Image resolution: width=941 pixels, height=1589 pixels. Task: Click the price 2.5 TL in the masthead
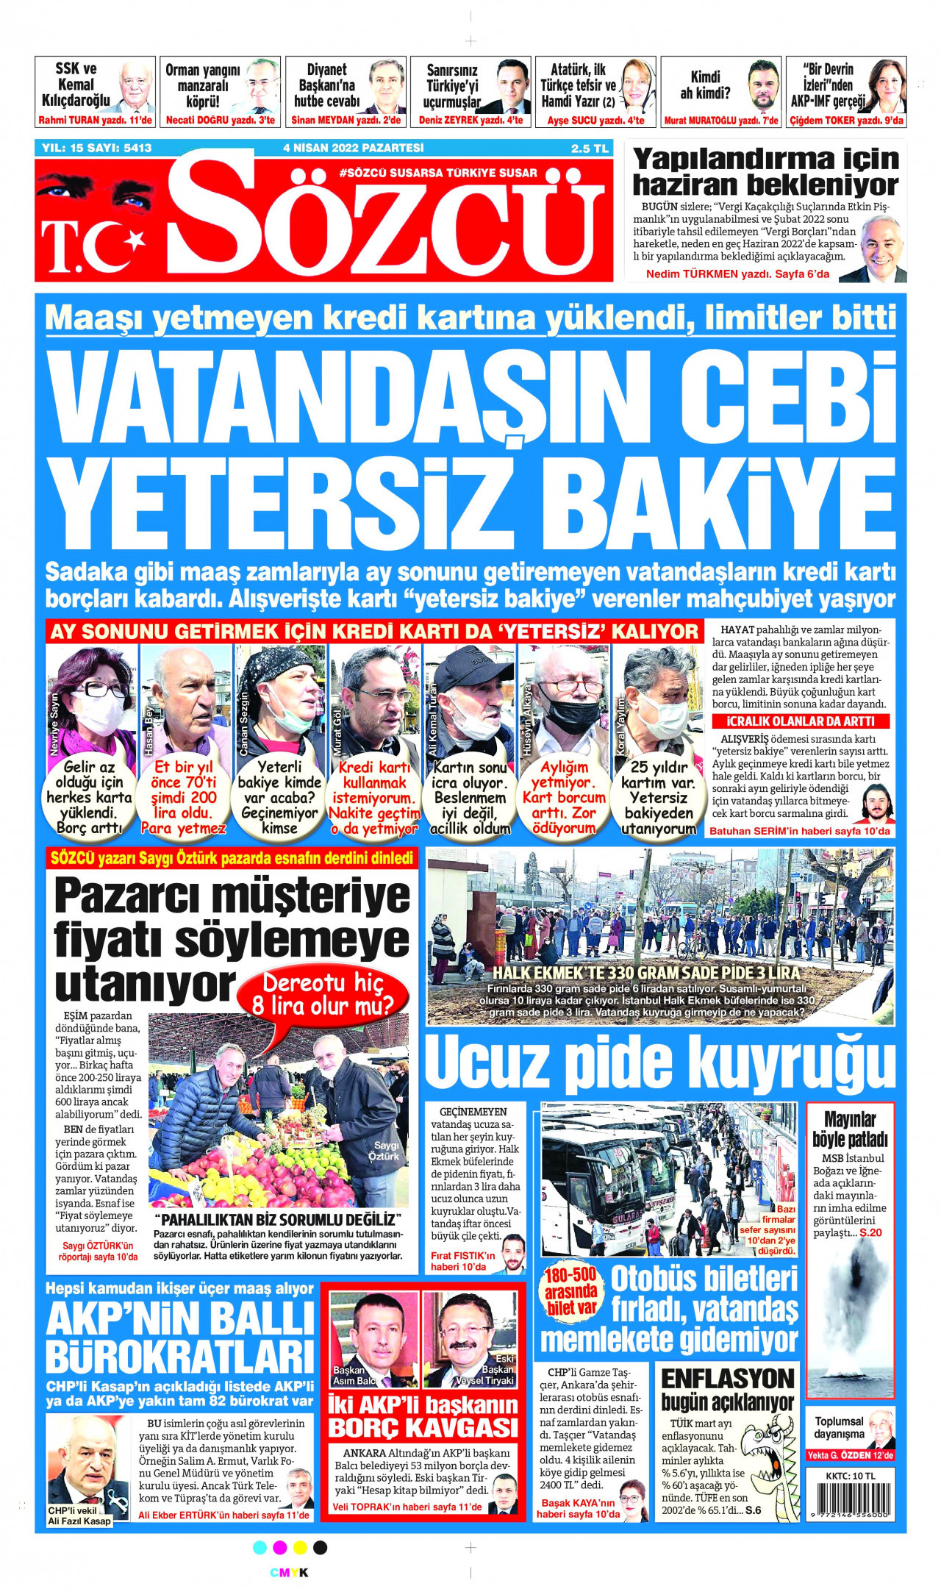590,149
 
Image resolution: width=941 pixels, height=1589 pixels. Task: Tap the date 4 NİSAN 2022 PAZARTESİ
353,148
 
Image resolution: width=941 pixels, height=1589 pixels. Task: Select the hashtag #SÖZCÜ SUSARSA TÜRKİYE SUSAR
438,173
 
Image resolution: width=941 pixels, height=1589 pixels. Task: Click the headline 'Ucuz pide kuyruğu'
659,1063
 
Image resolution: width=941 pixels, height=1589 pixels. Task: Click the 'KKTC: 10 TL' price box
850,1476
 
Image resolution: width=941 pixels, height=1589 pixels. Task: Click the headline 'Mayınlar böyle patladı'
850,1129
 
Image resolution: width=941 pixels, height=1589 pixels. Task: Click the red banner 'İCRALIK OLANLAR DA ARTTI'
800,721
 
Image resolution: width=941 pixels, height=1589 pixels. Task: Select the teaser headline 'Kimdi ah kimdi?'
704,85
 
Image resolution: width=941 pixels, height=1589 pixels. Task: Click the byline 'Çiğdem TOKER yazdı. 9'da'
846,121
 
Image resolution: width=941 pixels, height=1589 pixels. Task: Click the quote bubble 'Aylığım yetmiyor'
564,798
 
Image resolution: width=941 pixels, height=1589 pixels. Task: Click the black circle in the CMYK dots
320,1548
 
